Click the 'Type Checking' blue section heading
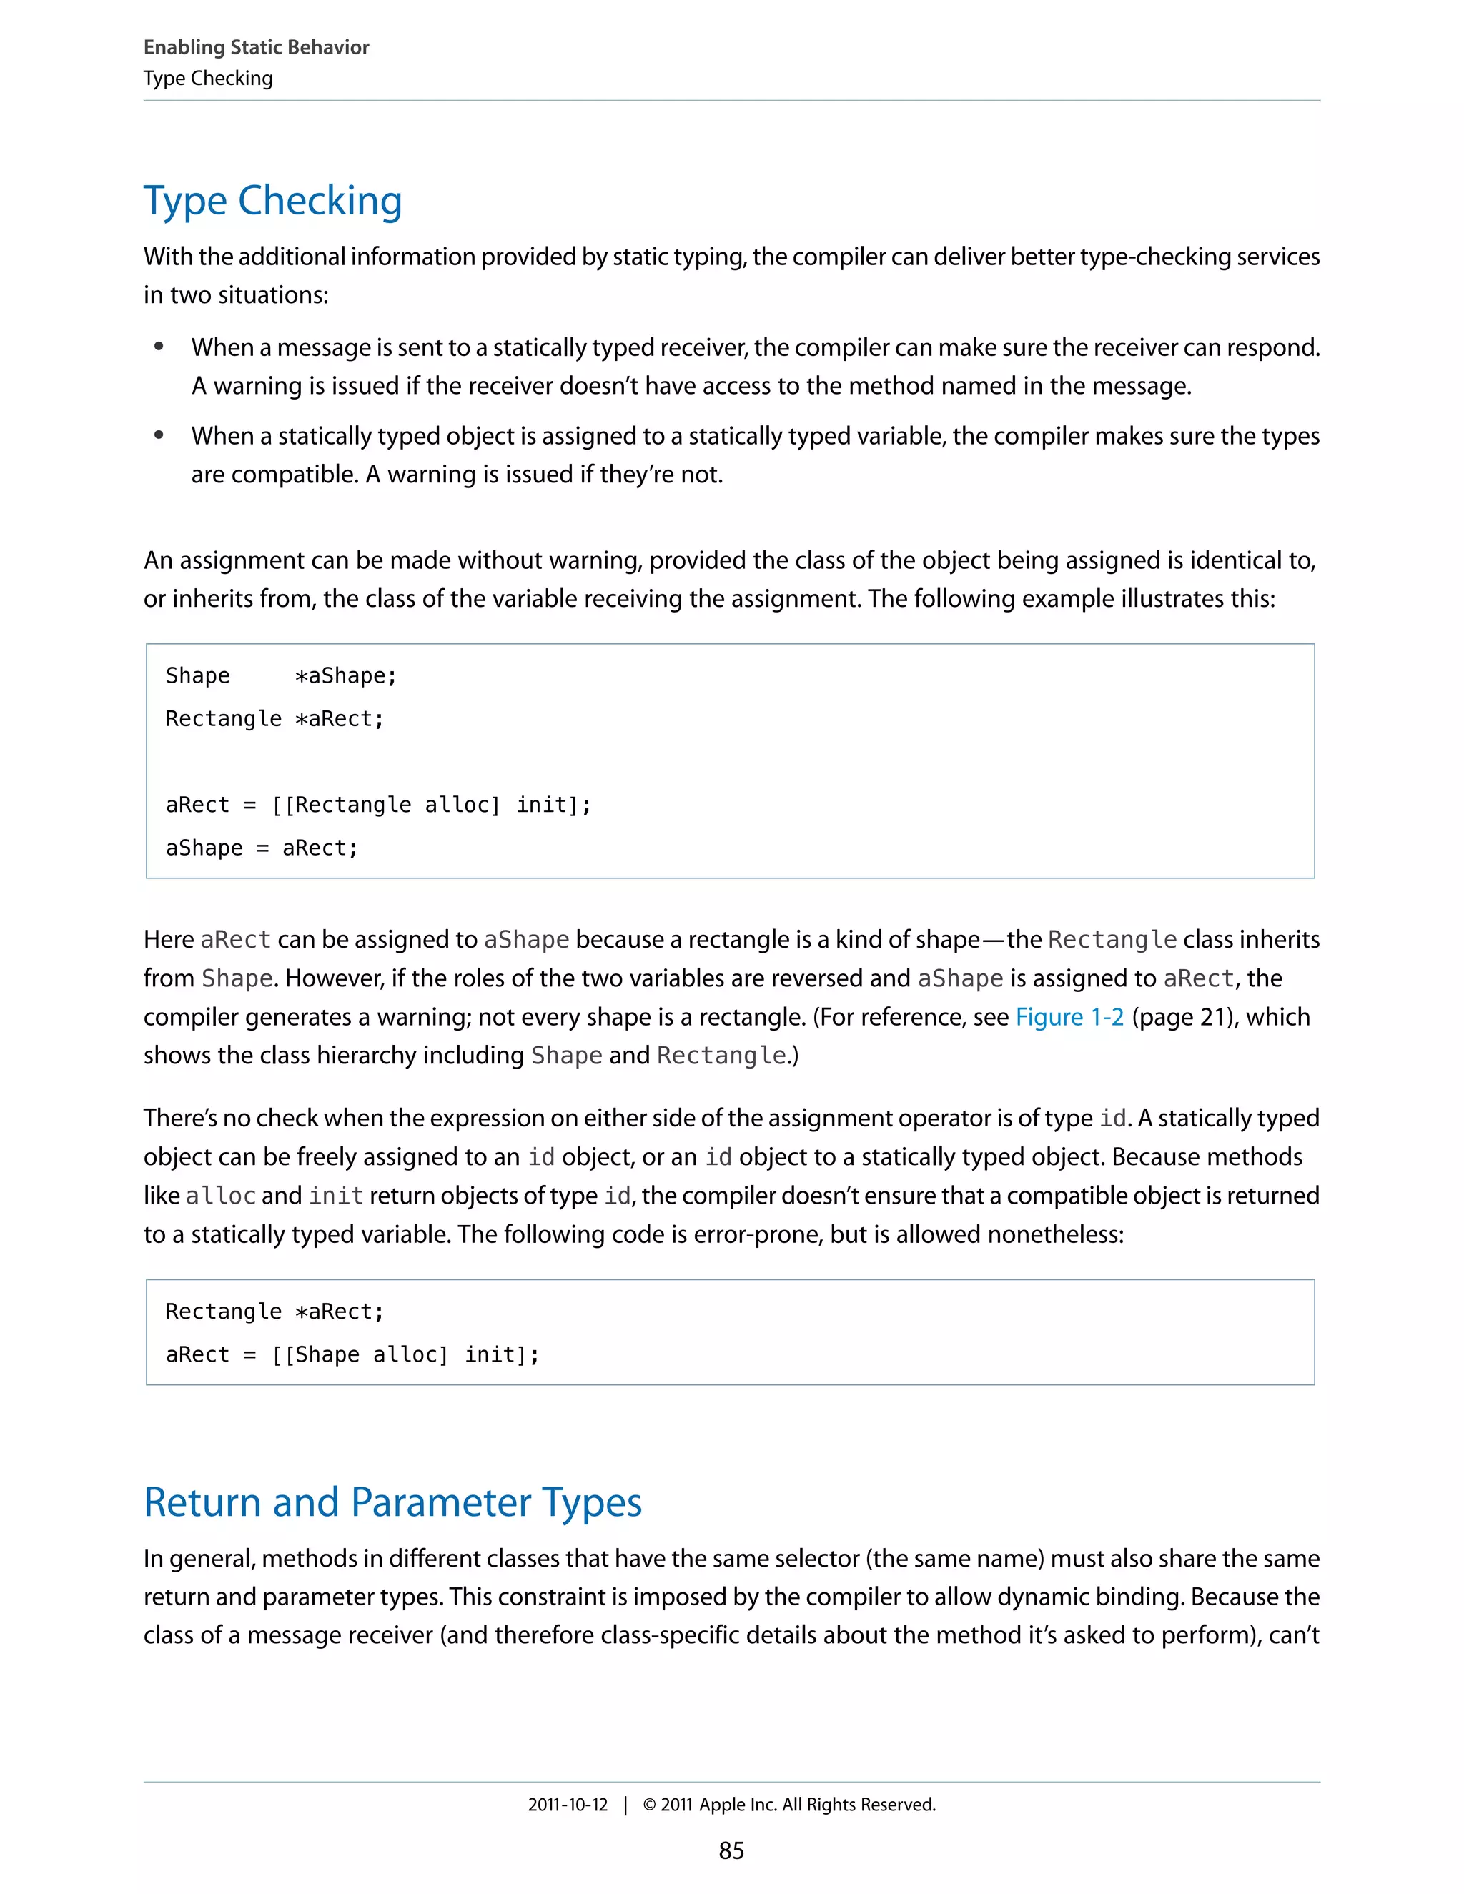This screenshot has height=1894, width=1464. click(272, 202)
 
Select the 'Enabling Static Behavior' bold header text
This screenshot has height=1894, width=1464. click(256, 48)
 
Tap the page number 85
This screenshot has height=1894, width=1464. click(731, 1850)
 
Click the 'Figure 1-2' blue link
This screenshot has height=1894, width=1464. click(1069, 1016)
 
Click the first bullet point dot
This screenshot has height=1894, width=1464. click(159, 347)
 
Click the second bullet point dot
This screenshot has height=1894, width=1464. click(159, 435)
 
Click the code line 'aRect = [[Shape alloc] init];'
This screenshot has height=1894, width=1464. click(352, 1354)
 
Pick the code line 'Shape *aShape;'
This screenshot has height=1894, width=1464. click(281, 675)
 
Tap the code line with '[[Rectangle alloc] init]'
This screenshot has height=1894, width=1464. click(378, 805)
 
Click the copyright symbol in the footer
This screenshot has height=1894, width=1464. click(649, 1805)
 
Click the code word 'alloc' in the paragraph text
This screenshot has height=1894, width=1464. click(220, 1196)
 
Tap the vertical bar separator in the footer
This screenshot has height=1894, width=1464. click(625, 1805)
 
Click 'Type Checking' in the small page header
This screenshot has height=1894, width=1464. click(208, 79)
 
